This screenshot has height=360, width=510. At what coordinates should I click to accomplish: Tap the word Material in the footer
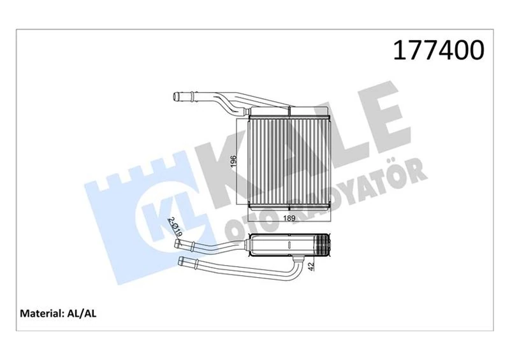click(x=41, y=313)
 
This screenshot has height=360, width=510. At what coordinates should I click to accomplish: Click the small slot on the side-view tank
click(x=289, y=243)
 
